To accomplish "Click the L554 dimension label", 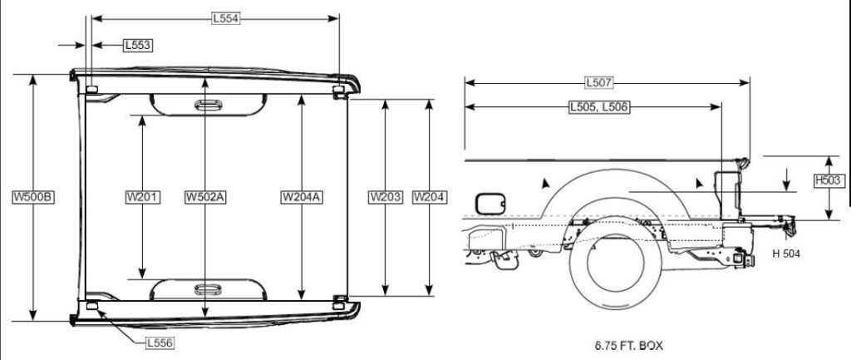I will coord(225,17).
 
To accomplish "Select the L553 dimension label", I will coord(137,45).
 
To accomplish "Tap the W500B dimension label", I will coord(33,197).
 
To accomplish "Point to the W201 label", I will coord(142,197).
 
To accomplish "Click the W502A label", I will coord(205,197).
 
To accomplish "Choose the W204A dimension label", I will coord(301,197).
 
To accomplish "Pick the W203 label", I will coord(385,197).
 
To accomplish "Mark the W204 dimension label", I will coord(429,197).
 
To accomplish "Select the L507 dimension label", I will coord(598,82).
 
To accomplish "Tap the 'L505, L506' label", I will coord(598,106).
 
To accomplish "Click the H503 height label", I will coord(829,180).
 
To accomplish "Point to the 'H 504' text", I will coord(785,254).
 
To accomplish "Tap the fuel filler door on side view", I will coord(489,203).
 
